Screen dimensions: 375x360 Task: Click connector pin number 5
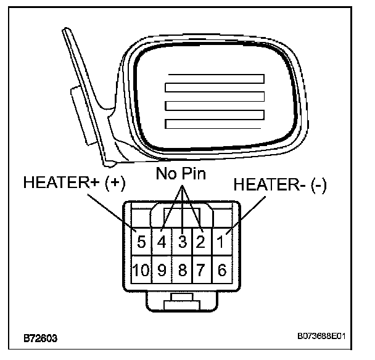click(141, 242)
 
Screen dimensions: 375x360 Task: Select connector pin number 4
click(162, 242)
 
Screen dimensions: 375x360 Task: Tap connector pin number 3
click(183, 242)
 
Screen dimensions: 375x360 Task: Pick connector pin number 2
click(200, 242)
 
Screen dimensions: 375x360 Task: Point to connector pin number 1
click(221, 242)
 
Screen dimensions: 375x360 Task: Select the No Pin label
click(181, 173)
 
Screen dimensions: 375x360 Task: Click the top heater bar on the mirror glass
click(215, 79)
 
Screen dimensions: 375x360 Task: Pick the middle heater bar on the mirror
click(215, 97)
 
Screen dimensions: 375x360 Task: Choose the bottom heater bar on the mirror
click(215, 115)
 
